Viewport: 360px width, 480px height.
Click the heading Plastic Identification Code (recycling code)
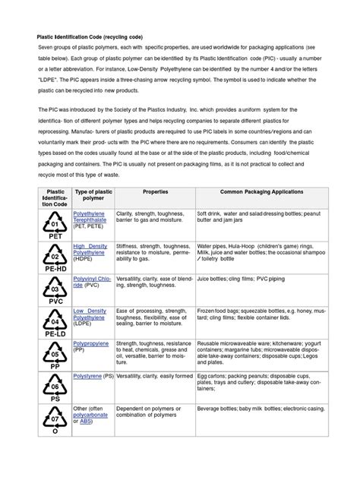pos(96,36)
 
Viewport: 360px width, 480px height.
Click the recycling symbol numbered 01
pos(54,225)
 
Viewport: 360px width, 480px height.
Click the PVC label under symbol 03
pos(54,301)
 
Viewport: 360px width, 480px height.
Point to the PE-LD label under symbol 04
pos(54,334)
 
